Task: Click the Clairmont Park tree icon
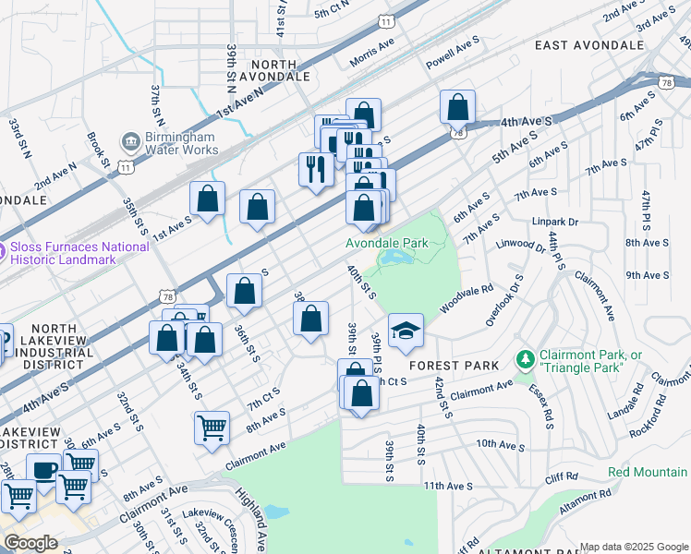525,357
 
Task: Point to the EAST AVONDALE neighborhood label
588,44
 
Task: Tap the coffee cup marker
43,470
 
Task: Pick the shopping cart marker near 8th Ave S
212,428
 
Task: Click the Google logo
30,543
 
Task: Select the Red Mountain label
649,472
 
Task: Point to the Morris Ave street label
372,53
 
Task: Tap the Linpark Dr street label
554,223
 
